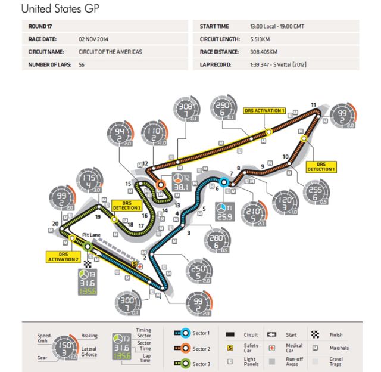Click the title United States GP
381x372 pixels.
click(x=60, y=9)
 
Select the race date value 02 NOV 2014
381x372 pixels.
click(x=96, y=40)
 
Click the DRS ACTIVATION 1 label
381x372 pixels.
click(x=264, y=111)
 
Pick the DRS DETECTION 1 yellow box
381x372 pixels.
click(x=321, y=167)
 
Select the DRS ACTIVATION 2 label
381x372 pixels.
click(x=63, y=256)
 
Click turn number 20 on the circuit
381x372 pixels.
click(x=55, y=224)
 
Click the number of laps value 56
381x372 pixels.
click(x=82, y=64)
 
